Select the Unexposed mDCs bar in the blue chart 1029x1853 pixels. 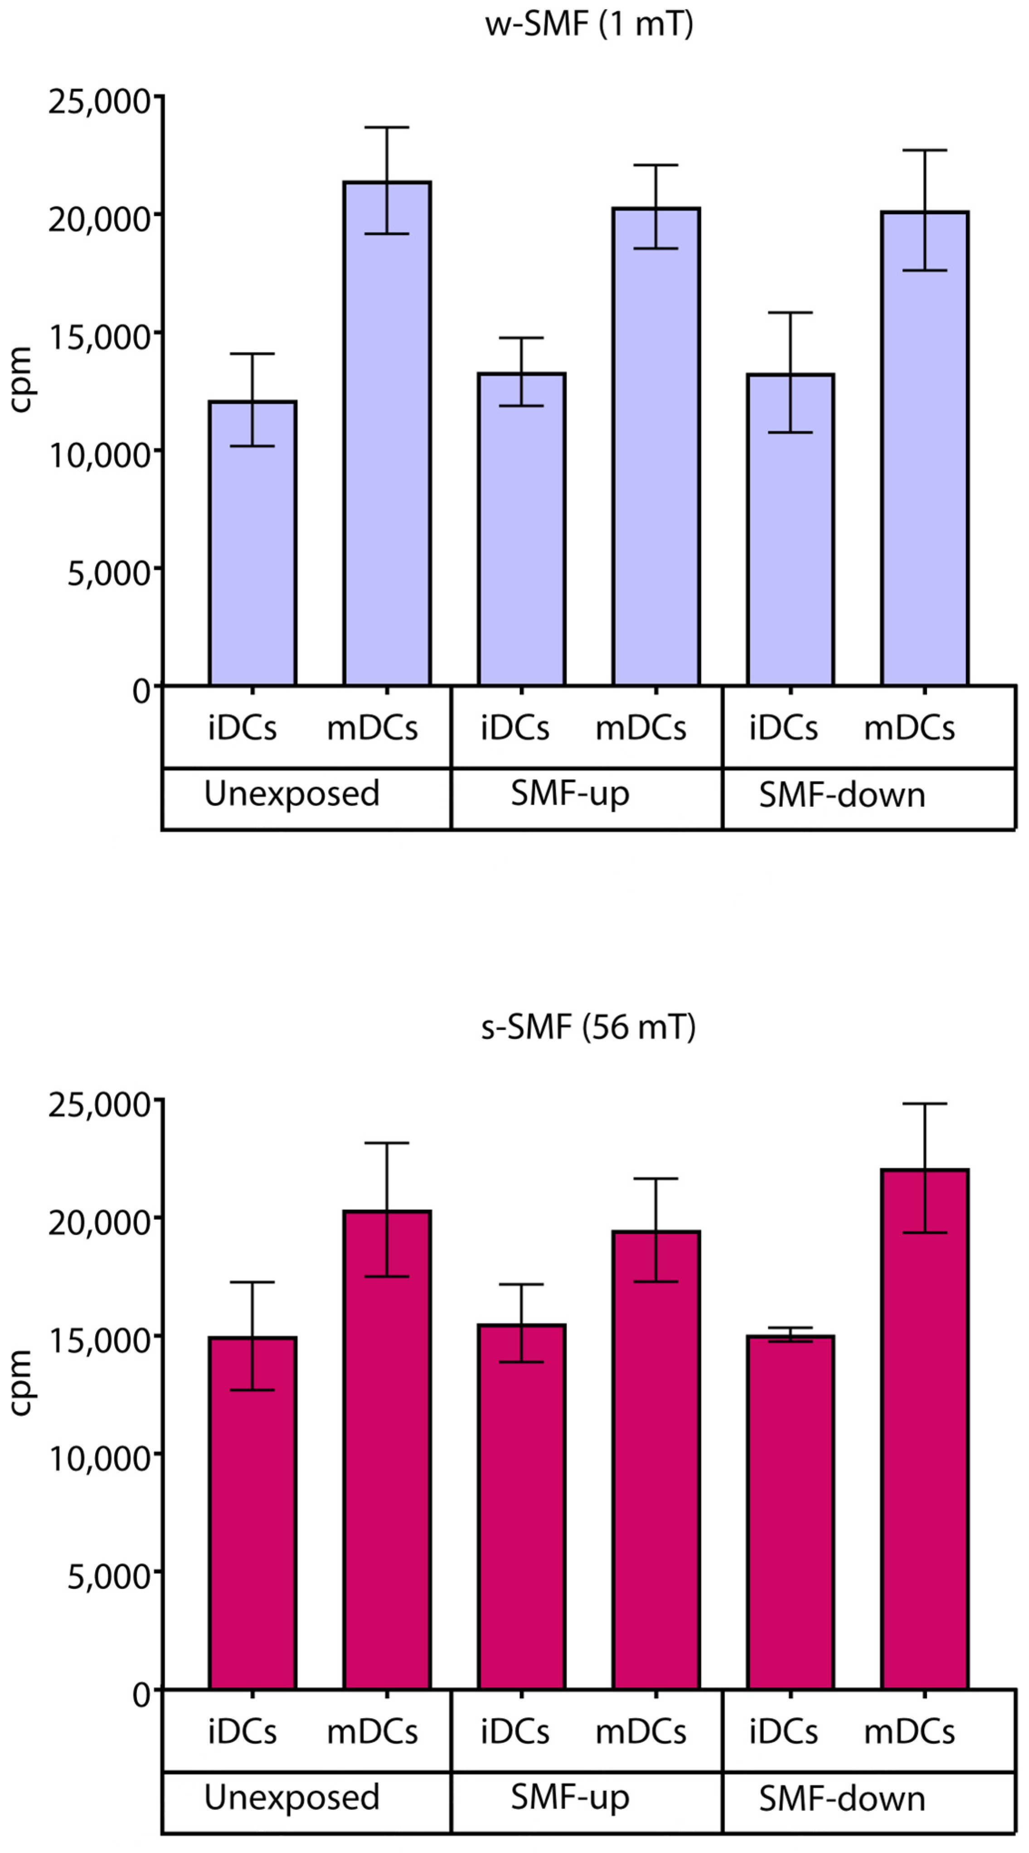(x=387, y=446)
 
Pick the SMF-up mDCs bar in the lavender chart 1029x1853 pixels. (x=656, y=460)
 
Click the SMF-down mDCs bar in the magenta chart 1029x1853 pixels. (x=925, y=1439)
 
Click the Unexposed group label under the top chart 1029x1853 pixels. (x=291, y=793)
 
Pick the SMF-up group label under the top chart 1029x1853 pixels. (x=569, y=793)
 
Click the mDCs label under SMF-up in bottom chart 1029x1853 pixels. (x=640, y=1731)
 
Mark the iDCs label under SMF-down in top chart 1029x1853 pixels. (x=783, y=728)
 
